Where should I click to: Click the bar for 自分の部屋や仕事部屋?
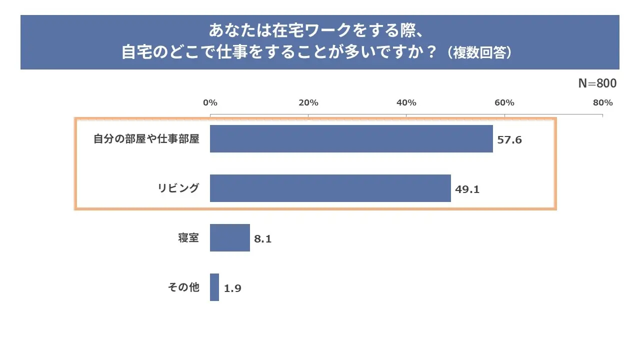pyautogui.click(x=351, y=138)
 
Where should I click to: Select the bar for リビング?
pyautogui.click(x=330, y=188)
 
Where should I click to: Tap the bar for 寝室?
pyautogui.click(x=229, y=237)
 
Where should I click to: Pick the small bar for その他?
pyautogui.click(x=214, y=287)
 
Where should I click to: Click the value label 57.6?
pyautogui.click(x=509, y=140)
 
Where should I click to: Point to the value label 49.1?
pyautogui.click(x=467, y=189)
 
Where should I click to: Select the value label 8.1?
pyautogui.click(x=263, y=239)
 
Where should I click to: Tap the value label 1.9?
pyautogui.click(x=232, y=288)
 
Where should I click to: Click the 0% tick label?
pyautogui.click(x=210, y=103)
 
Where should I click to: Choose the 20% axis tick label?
pyautogui.click(x=308, y=103)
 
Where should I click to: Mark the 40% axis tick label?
pyautogui.click(x=406, y=103)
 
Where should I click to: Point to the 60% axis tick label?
pyautogui.click(x=504, y=103)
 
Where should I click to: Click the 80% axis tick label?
pyautogui.click(x=602, y=103)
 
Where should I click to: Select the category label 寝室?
pyautogui.click(x=188, y=237)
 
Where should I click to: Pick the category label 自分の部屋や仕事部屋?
pyautogui.click(x=146, y=138)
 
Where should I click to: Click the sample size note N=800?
pyautogui.click(x=597, y=83)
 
